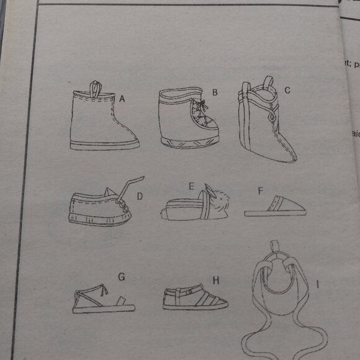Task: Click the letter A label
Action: [x=123, y=98]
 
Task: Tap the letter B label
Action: [x=215, y=92]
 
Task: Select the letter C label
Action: [x=287, y=91]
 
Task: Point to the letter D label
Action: [x=140, y=196]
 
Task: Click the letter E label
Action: [x=192, y=185]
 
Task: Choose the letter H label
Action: [x=215, y=282]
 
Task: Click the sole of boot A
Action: [x=106, y=146]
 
